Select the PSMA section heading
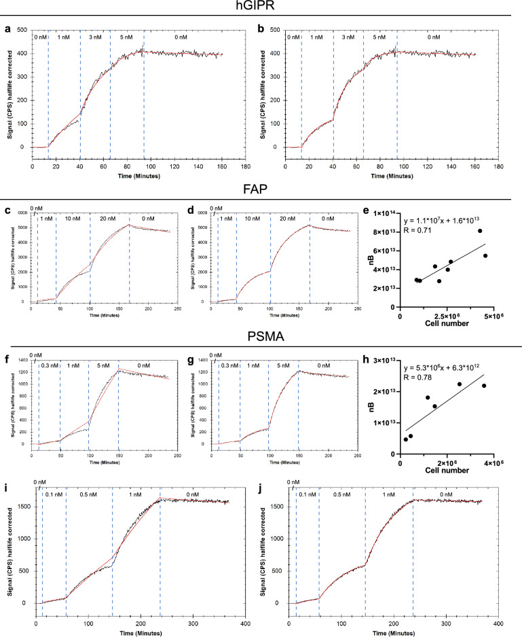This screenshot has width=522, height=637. point(261,335)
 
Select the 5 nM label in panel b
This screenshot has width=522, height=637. point(380,38)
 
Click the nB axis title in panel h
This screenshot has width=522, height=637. point(370,406)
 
